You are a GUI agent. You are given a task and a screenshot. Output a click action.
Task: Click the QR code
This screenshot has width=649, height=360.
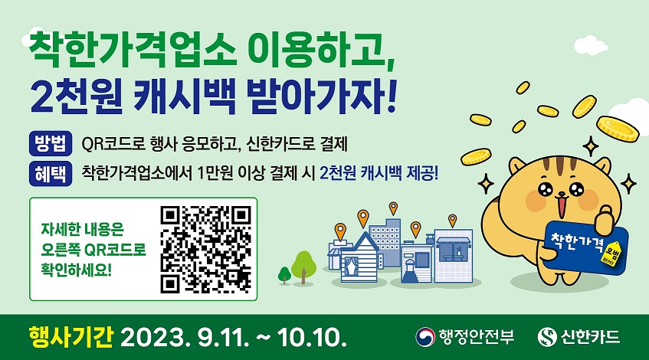pos(205,250)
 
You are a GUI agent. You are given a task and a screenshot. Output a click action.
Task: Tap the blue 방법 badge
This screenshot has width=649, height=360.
pos(51,143)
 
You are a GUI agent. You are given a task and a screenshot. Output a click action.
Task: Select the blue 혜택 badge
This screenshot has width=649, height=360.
pos(51,173)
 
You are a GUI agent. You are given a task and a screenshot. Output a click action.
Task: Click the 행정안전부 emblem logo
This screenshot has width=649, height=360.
pos(425,337)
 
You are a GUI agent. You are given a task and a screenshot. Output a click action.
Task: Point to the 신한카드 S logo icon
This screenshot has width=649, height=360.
pos(547,337)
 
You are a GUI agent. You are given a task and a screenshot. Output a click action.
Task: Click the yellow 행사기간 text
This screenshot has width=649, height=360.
pos(70,337)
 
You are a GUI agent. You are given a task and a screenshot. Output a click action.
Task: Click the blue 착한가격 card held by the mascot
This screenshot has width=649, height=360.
pos(585,247)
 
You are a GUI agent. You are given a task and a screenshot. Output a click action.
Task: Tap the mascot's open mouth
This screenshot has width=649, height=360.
pos(561,205)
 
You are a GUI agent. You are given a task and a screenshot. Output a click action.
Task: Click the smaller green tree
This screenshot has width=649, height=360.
pos(284,275)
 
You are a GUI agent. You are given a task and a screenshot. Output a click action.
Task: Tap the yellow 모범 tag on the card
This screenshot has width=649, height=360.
pos(611,253)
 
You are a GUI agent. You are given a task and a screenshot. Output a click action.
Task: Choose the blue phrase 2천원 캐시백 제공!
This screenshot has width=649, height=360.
pos(379,173)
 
